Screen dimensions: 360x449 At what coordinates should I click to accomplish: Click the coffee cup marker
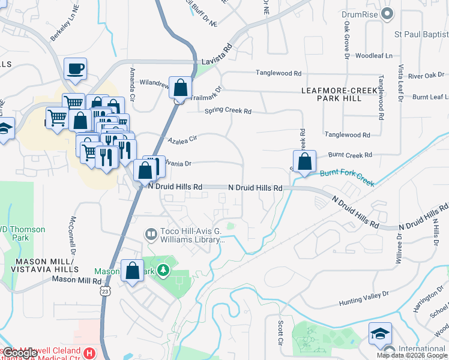75,69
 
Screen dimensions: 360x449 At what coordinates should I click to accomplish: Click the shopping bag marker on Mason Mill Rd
133,271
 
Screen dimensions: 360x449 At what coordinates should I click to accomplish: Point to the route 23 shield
104,291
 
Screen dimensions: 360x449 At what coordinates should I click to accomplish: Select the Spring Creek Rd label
228,111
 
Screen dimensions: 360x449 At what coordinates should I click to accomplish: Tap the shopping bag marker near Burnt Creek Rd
304,161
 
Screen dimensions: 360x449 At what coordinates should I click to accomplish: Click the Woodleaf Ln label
373,56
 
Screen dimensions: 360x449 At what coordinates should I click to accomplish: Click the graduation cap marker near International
380,334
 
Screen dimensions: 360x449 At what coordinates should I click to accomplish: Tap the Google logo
20,353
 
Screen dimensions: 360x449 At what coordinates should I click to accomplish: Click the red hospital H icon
89,353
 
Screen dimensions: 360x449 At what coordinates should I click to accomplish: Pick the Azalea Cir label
182,140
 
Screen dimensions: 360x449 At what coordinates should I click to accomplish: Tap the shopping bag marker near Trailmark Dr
180,88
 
